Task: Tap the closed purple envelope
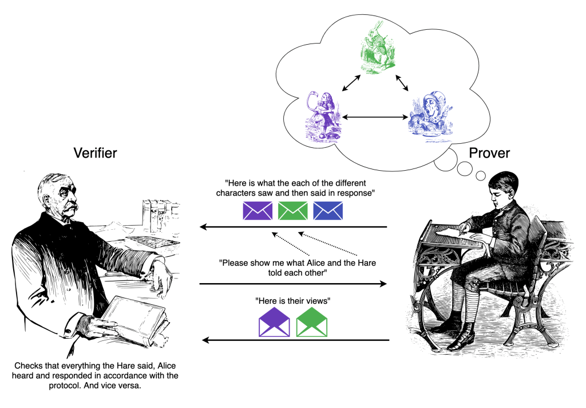point(258,210)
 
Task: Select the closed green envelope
point(292,210)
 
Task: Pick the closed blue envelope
point(328,210)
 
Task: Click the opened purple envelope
point(274,323)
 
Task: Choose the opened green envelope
point(311,323)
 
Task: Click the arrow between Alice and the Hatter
point(373,118)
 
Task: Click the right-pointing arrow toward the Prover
point(292,284)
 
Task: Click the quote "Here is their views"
point(292,301)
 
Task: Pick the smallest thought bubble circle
point(481,175)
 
